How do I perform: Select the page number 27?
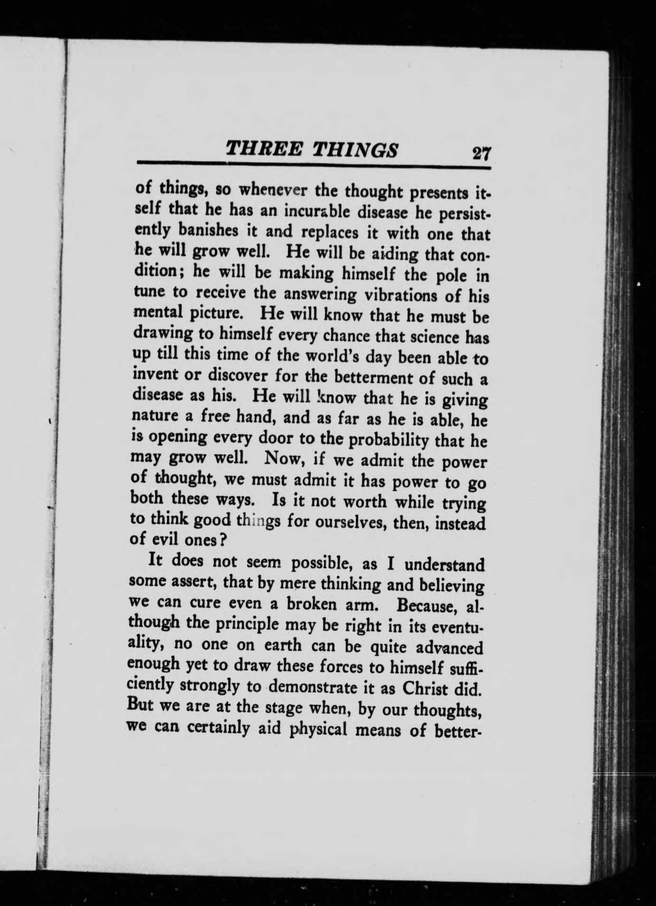tap(480, 155)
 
